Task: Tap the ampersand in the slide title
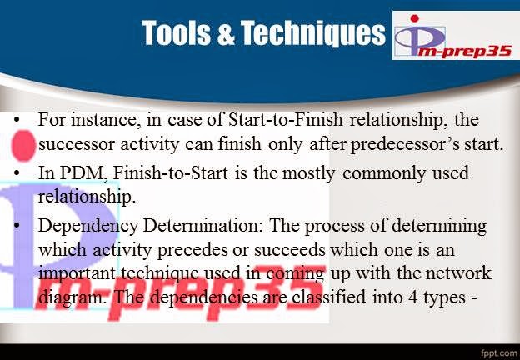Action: pos(226,34)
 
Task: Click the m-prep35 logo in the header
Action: pos(453,37)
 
